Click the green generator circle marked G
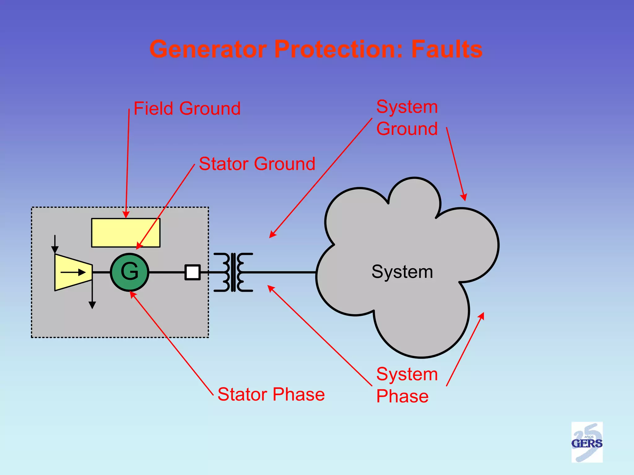[x=129, y=272]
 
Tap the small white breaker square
[x=193, y=272]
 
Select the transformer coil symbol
[x=233, y=272]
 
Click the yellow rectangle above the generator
[x=126, y=233]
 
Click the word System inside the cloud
[x=402, y=272]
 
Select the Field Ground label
[x=187, y=109]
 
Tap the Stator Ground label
[x=257, y=164]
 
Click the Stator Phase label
[x=271, y=394]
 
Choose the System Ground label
[x=407, y=118]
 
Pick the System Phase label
[x=407, y=385]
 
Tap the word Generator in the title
[x=208, y=49]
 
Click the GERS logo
[x=587, y=442]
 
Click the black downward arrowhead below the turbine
[x=92, y=305]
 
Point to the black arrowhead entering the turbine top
[x=55, y=250]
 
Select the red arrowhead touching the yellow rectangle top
[x=126, y=215]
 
